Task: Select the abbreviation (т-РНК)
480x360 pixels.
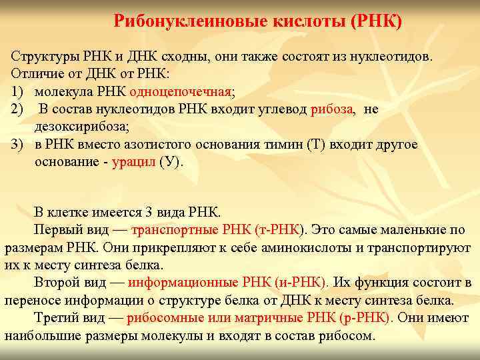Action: click(x=279, y=231)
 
